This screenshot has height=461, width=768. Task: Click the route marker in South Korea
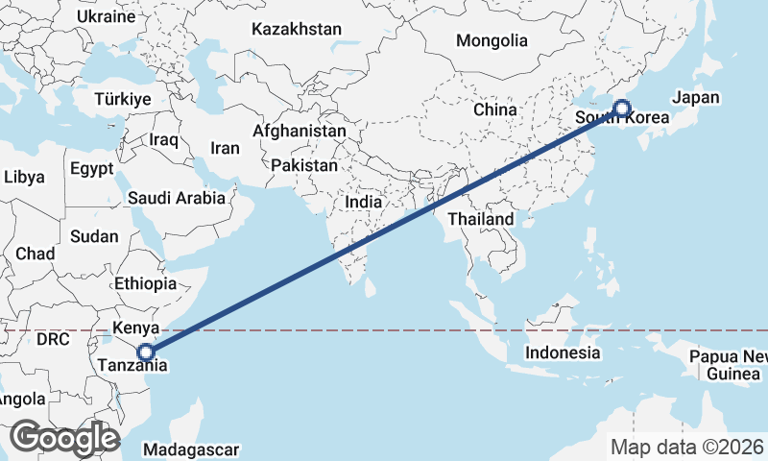point(621,109)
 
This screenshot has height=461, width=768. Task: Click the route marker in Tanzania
point(145,352)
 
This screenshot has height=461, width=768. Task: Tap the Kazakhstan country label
point(297,30)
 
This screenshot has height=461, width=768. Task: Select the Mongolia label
point(492,41)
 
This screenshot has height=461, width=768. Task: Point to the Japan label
point(696,98)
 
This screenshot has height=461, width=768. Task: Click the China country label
point(495,109)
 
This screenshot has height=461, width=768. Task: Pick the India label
point(364,203)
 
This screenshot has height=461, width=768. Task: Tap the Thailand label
point(487,219)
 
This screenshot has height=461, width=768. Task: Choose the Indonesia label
point(563,352)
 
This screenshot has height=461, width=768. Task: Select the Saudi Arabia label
point(177,199)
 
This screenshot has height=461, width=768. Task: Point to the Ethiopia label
point(145,283)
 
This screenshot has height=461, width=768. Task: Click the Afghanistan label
point(300,131)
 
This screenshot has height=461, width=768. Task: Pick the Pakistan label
point(304,165)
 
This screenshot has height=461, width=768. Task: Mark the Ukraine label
point(106,17)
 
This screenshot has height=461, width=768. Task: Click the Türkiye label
point(123,99)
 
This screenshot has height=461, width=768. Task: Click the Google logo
point(64,437)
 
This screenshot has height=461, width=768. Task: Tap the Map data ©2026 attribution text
point(686,447)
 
